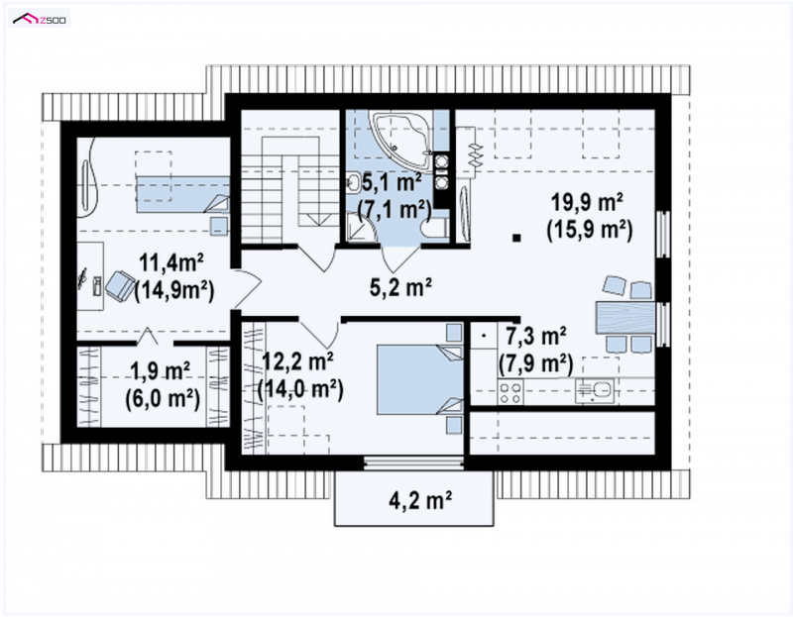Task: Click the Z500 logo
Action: (x=40, y=20)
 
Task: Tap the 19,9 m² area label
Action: (x=587, y=203)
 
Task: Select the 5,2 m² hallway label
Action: (x=400, y=287)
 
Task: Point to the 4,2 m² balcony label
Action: (x=420, y=500)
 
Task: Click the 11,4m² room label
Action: (x=171, y=262)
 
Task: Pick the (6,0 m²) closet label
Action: (x=163, y=399)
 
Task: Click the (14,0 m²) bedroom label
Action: (x=300, y=389)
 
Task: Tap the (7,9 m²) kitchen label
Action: (x=535, y=363)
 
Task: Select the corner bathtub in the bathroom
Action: (x=403, y=139)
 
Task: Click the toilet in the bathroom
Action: (x=435, y=229)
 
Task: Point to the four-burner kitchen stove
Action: (x=510, y=391)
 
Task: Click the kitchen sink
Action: (x=595, y=391)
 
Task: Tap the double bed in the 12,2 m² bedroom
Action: (x=420, y=379)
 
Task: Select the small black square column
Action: (x=515, y=237)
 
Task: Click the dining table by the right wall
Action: (x=625, y=317)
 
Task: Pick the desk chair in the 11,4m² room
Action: (x=119, y=285)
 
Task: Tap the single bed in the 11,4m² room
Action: (x=182, y=194)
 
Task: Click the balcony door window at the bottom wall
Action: (x=413, y=463)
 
